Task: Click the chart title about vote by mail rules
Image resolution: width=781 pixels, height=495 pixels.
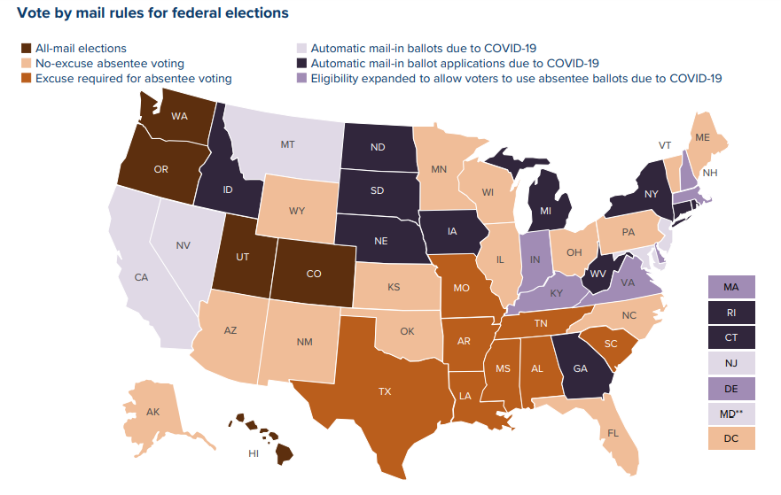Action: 152,13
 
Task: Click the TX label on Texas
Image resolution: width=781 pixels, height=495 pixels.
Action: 387,390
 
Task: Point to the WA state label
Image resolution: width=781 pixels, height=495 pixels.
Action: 180,116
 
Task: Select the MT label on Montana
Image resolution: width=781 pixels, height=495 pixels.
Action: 288,143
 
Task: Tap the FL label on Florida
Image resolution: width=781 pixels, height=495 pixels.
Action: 612,435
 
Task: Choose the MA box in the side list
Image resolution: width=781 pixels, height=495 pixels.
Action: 731,287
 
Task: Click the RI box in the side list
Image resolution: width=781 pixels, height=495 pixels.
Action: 731,313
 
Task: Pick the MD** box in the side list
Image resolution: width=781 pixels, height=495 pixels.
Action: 731,413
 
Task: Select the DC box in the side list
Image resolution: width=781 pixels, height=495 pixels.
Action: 731,437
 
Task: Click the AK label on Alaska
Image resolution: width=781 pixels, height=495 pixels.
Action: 152,413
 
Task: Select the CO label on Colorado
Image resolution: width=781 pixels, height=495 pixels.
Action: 314,274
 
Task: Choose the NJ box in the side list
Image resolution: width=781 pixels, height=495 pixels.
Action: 731,362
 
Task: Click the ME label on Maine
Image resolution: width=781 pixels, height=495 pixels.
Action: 702,137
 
